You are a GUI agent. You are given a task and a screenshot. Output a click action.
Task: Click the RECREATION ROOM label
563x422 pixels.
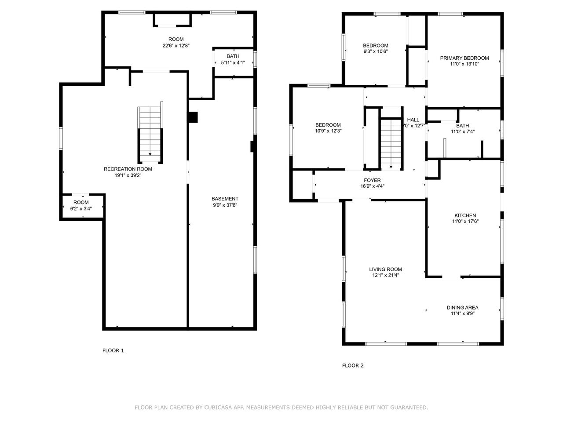pyautogui.click(x=128, y=169)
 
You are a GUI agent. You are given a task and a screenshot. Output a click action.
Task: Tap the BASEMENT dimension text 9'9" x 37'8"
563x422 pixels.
pyautogui.click(x=225, y=205)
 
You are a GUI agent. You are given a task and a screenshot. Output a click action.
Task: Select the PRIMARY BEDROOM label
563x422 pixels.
pyautogui.click(x=464, y=58)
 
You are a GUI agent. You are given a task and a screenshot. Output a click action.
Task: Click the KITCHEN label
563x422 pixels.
pyautogui.click(x=465, y=215)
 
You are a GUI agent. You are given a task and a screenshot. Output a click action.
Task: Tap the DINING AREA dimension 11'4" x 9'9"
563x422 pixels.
pyautogui.click(x=462, y=314)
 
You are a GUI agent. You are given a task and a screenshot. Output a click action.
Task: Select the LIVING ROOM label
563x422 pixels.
pyautogui.click(x=385, y=269)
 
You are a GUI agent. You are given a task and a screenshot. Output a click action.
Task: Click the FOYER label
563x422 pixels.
pyautogui.click(x=372, y=180)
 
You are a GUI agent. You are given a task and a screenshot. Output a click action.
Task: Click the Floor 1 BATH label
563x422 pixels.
pyautogui.click(x=233, y=56)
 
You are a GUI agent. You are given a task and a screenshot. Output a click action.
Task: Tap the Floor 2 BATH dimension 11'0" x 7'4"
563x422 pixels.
pyautogui.click(x=462, y=131)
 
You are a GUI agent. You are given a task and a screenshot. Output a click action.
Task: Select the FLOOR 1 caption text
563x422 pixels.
pyautogui.click(x=113, y=350)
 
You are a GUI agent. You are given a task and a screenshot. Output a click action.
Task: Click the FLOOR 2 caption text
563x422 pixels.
pyautogui.click(x=353, y=365)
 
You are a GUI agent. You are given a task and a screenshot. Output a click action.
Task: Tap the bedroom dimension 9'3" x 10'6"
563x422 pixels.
pyautogui.click(x=375, y=51)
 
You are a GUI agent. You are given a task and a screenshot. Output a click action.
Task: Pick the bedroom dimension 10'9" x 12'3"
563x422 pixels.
pyautogui.click(x=328, y=131)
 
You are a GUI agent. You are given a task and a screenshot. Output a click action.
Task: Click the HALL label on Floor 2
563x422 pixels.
pyautogui.click(x=413, y=120)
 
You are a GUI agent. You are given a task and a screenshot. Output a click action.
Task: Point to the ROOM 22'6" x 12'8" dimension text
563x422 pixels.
pyautogui.click(x=176, y=45)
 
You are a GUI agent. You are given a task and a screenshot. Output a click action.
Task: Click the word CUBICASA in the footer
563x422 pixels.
pyautogui.click(x=218, y=407)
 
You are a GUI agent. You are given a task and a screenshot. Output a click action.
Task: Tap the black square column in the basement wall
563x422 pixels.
pyautogui.click(x=193, y=118)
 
